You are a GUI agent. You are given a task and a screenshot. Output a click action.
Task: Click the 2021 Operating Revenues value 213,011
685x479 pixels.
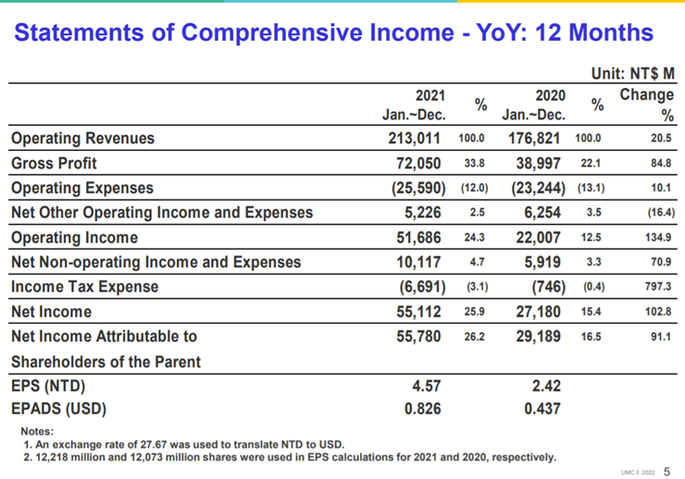point(414,139)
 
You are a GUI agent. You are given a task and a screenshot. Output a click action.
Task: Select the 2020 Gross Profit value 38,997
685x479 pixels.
point(538,163)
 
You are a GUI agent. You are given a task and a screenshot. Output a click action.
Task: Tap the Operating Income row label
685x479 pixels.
point(74,238)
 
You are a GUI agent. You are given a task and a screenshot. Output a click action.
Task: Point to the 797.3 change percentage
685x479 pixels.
point(658,287)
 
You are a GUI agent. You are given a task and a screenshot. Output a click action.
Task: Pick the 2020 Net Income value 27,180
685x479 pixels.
point(538,312)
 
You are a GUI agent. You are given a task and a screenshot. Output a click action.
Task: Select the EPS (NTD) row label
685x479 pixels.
point(48,387)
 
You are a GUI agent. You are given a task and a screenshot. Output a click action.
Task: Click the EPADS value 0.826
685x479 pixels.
point(423,409)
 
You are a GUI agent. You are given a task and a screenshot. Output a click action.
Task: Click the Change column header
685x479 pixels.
point(647,94)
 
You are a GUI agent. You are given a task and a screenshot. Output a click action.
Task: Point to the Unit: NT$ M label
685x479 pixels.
point(633,73)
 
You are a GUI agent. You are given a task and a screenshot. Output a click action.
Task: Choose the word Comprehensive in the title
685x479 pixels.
point(274,32)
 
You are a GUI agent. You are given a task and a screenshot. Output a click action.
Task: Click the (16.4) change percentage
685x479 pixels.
point(661,213)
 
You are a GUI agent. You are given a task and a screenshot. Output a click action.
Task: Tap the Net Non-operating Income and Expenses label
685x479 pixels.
point(156,263)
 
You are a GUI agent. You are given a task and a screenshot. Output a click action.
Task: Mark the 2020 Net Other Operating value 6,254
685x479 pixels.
point(542,213)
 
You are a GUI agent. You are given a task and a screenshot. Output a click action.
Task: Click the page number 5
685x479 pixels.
point(666,472)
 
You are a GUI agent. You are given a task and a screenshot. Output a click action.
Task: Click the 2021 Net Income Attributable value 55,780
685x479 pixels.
point(418,337)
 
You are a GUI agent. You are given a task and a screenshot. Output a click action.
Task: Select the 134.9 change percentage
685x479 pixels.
point(658,238)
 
